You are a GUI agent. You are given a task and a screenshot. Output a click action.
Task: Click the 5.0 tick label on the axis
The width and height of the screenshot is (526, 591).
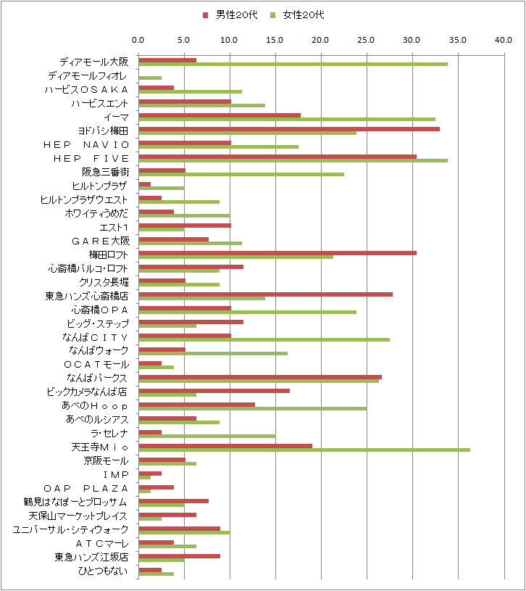pyautogui.click(x=184, y=41)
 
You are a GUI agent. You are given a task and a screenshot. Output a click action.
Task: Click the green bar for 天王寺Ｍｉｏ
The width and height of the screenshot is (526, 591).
pyautogui.click(x=304, y=450)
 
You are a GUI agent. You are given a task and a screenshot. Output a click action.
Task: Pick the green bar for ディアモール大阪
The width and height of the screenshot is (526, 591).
pyautogui.click(x=293, y=64)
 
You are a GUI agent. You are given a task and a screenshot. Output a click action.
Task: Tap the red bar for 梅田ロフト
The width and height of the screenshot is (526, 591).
pyautogui.click(x=277, y=252)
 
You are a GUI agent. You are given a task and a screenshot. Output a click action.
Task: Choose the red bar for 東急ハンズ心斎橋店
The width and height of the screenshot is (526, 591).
pyautogui.click(x=265, y=294)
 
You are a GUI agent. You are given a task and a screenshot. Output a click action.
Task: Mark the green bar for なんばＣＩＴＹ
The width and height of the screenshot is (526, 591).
pyautogui.click(x=264, y=339)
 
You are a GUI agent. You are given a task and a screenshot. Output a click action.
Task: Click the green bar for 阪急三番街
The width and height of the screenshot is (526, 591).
pyautogui.click(x=241, y=174)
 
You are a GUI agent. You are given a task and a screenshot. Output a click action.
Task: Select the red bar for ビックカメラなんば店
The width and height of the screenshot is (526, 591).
pyautogui.click(x=214, y=390)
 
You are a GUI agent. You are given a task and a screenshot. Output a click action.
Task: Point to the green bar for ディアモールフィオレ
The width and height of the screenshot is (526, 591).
pyautogui.click(x=150, y=78)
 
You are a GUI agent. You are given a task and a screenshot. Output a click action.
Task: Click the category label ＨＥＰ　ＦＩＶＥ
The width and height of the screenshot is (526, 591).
pyautogui.click(x=91, y=158)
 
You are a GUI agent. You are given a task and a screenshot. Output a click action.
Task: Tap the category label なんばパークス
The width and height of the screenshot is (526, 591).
pyautogui.click(x=97, y=378)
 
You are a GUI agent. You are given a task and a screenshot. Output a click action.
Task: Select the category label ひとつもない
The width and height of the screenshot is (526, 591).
pyautogui.click(x=102, y=571)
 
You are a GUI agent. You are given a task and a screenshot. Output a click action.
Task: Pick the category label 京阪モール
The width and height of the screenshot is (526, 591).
pyautogui.click(x=107, y=460)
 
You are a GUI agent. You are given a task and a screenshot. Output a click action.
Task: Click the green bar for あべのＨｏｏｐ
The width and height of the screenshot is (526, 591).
pyautogui.click(x=252, y=408)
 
